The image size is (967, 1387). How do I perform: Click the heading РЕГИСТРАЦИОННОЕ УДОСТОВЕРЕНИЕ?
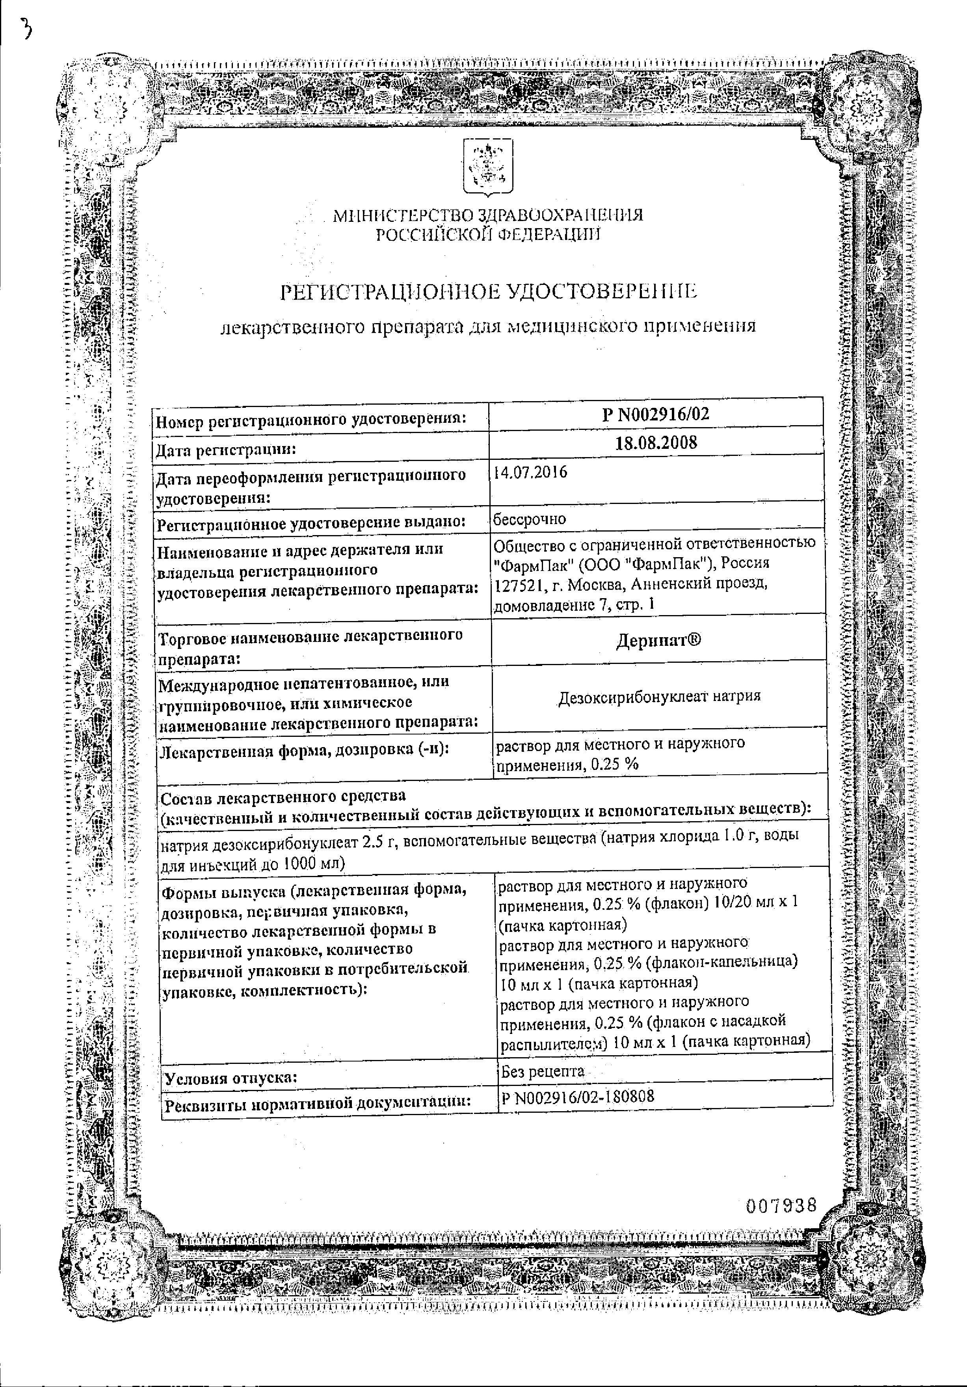tap(488, 292)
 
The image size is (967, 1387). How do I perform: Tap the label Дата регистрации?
tap(226, 450)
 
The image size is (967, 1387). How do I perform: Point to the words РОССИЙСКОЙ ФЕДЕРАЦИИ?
tap(488, 235)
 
